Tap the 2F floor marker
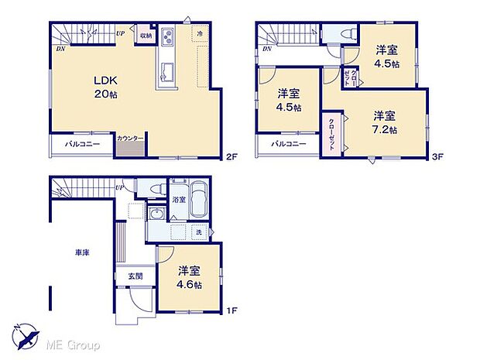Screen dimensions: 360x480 (230, 157)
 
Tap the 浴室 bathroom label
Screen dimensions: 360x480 (177, 200)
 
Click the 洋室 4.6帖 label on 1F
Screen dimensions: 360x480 (189, 278)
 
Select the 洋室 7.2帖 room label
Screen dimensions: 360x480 (382, 123)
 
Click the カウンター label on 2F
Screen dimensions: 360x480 (129, 139)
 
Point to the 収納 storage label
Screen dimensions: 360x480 (145, 35)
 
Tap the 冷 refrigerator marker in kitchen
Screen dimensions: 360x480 (199, 34)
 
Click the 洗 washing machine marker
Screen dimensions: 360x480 (198, 233)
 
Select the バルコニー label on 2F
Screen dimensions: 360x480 (81, 144)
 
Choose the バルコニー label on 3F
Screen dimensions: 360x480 (289, 144)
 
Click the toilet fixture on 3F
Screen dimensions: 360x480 (348, 33)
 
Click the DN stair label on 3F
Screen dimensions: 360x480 (266, 50)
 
